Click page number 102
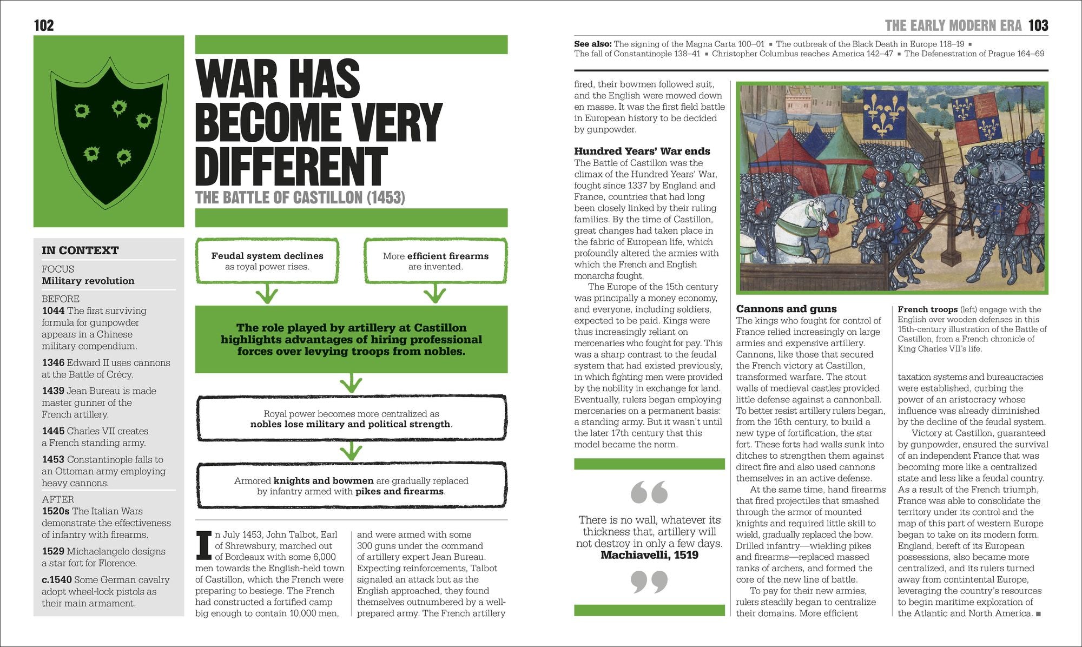pos(44,25)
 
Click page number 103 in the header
pos(1038,25)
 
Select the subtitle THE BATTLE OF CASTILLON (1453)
pos(300,197)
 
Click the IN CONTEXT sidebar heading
pos(80,250)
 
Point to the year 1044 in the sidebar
pos(53,311)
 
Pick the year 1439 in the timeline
pos(53,391)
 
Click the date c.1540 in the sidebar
pos(57,579)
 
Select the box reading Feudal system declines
pos(267,261)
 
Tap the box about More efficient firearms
pos(436,261)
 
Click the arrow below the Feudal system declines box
pos(267,295)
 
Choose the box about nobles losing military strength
pos(351,419)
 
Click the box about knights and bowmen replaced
pos(351,486)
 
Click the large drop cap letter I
pos(203,545)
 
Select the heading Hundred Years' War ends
pos(642,151)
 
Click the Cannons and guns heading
pos(786,309)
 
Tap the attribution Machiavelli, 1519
pos(649,555)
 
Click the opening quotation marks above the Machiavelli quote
pos(649,492)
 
